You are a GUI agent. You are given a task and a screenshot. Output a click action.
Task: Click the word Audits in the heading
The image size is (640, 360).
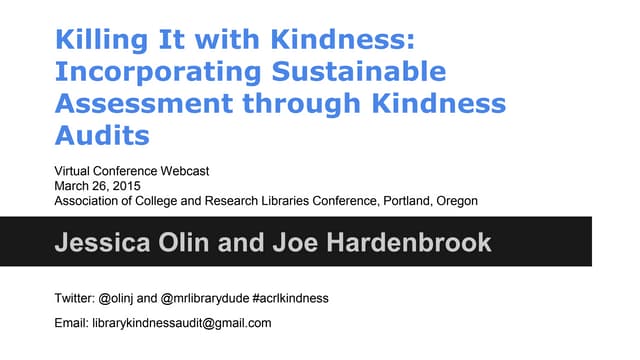click(96, 135)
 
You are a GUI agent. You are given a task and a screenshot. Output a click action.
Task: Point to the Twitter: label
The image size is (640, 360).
click(73, 298)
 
